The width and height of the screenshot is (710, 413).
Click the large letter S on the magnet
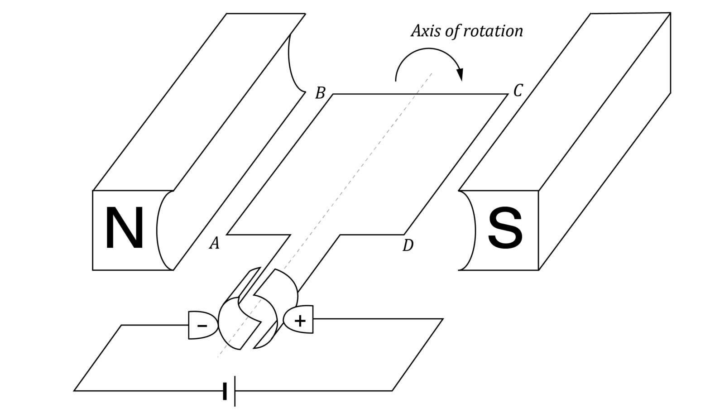coord(505,229)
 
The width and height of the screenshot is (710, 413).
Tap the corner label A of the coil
coord(214,243)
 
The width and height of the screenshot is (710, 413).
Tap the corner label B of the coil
coord(320,93)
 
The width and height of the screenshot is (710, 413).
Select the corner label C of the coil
coord(518,91)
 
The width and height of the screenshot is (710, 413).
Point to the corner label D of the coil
coord(408,245)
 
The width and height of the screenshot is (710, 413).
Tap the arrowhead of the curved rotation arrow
coord(460,75)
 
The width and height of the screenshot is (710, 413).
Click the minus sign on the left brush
coord(202,326)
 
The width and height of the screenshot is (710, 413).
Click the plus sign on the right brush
coord(300,321)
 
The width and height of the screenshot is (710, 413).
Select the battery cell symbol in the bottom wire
coord(230,391)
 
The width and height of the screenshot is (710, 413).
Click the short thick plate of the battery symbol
coord(225,391)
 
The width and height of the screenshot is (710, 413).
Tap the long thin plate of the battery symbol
coord(235,391)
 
